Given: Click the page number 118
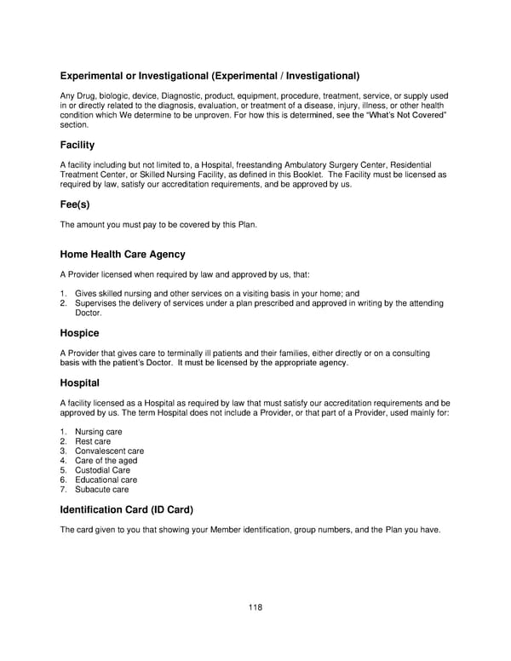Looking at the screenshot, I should tap(255, 607).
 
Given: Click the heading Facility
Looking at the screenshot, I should tap(77, 145).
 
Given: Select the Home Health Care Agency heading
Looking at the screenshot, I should tap(123, 255).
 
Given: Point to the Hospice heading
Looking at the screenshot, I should tap(79, 333).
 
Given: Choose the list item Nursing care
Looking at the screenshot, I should tap(98, 432).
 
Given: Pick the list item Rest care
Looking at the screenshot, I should tap(93, 441).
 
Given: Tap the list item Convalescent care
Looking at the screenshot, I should tap(109, 451).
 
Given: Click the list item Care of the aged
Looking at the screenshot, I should tap(106, 461).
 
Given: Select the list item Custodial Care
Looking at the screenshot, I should tap(102, 470).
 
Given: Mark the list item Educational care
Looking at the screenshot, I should tap(106, 480).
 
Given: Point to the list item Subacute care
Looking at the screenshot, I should tap(102, 489).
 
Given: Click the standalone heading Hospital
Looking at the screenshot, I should tap(79, 383).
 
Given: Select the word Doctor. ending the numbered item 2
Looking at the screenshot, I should tap(89, 313).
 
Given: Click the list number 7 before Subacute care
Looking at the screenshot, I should tap(63, 489).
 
